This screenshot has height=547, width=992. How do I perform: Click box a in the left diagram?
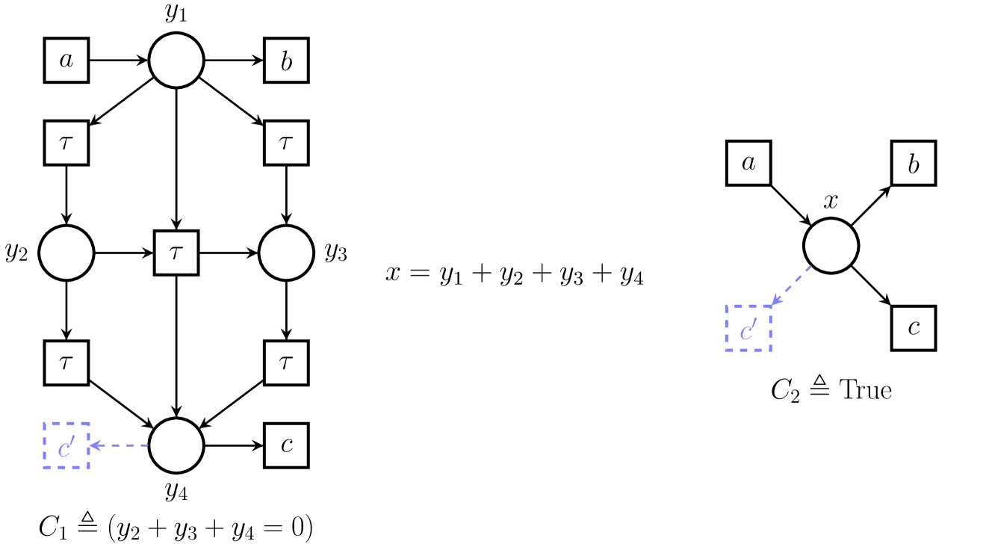(x=66, y=61)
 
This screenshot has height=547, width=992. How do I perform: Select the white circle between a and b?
(x=176, y=61)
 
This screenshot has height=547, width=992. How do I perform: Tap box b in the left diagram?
(x=286, y=61)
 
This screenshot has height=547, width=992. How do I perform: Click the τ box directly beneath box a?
(x=66, y=143)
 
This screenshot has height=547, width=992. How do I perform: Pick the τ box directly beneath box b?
(x=286, y=143)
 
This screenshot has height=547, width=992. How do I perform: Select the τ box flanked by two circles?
(x=176, y=253)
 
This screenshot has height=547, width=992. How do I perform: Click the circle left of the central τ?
(x=66, y=253)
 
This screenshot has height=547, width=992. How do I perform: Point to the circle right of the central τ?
(x=286, y=253)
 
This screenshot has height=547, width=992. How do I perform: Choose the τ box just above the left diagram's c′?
(x=66, y=363)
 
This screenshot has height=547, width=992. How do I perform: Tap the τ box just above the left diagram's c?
(x=286, y=363)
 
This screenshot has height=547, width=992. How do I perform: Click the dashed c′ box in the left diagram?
(x=66, y=445)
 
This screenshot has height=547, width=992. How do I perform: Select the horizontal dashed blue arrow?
(x=120, y=445)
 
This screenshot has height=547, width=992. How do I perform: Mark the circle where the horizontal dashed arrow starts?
(x=176, y=445)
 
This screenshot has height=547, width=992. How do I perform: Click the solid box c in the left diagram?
(x=286, y=445)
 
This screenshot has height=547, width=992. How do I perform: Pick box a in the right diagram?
(x=748, y=163)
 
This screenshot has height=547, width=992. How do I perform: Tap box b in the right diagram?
(x=914, y=163)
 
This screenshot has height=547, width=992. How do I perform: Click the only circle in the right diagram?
(x=831, y=245)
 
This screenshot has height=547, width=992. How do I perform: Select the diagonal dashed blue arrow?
(x=792, y=285)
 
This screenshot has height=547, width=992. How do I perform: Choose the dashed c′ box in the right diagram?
(x=748, y=328)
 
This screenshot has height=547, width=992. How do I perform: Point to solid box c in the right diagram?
(x=914, y=328)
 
